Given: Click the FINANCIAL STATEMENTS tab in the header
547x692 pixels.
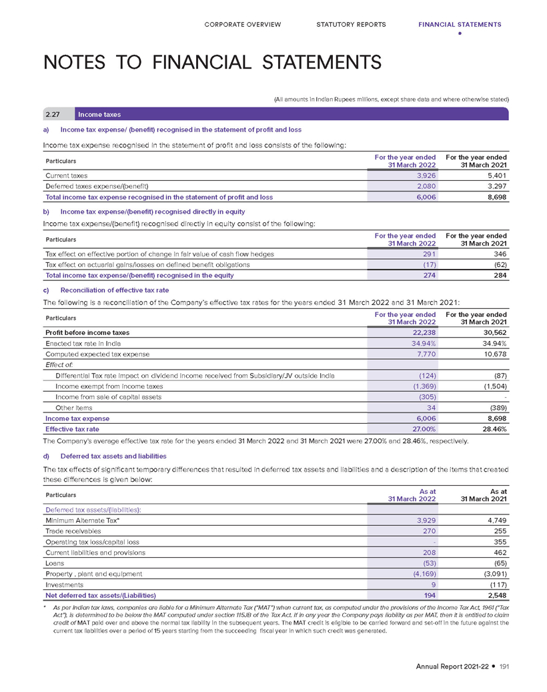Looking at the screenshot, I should pyautogui.click(x=460, y=25).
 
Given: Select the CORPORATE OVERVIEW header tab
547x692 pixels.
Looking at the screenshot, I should pyautogui.click(x=242, y=25).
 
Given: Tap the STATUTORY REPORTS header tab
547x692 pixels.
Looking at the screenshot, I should pyautogui.click(x=351, y=25).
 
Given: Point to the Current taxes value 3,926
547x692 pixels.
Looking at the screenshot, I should pyautogui.click(x=425, y=174).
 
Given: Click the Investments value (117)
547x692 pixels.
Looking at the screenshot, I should pyautogui.click(x=496, y=584).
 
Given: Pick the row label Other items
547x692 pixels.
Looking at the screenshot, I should pyautogui.click(x=73, y=407).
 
